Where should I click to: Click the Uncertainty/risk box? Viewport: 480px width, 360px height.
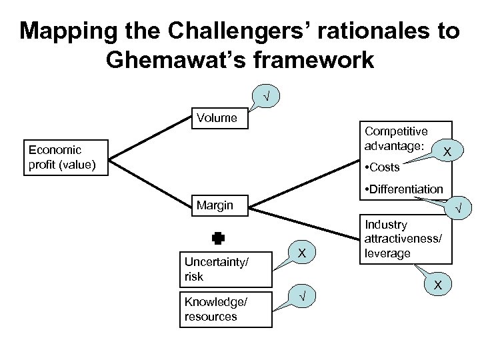click(x=226, y=269)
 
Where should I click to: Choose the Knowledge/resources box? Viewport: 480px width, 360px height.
click(x=226, y=309)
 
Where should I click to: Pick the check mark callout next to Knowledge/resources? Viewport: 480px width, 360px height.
click(x=302, y=297)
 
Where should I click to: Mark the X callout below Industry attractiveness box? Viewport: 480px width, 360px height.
click(x=438, y=285)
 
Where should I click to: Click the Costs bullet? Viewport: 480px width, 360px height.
click(x=383, y=167)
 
